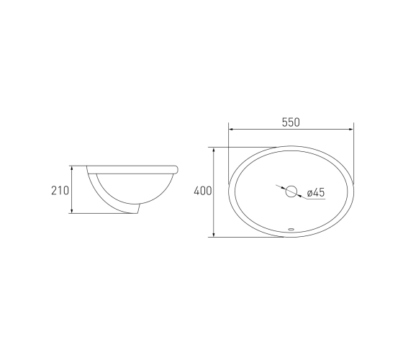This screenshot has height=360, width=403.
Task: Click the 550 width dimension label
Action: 291,122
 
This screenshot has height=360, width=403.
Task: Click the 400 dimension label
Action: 203,191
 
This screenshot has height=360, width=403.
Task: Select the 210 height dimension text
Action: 60,191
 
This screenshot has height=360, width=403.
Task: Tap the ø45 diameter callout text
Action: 316,192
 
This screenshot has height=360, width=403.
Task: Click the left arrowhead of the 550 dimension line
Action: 231,129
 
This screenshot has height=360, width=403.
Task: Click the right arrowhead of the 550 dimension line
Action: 351,129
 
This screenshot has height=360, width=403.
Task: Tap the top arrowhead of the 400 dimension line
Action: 214,150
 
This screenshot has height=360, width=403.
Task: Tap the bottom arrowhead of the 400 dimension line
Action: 214,235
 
